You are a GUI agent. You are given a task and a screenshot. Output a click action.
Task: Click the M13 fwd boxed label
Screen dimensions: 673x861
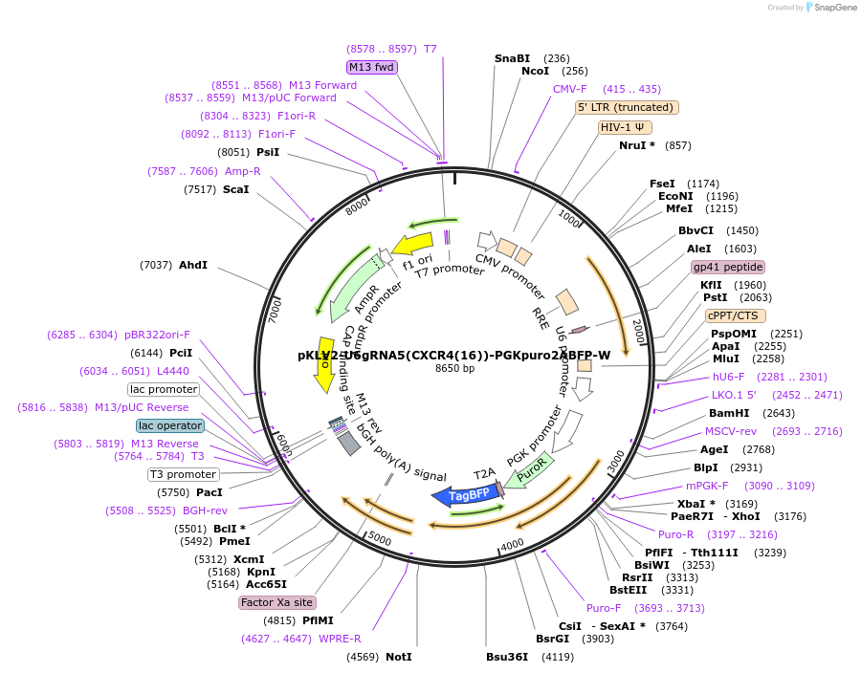coord(371,67)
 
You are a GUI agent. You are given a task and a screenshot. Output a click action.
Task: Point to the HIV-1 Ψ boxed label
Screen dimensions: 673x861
coord(625,127)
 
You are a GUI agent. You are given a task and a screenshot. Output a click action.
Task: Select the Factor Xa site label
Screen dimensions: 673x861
coord(276,602)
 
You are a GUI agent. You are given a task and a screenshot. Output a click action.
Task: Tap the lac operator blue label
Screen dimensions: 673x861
coord(170,425)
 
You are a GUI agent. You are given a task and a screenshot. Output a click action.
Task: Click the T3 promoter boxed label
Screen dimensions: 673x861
coord(183,474)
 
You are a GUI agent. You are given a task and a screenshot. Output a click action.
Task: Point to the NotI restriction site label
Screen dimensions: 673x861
coord(399,657)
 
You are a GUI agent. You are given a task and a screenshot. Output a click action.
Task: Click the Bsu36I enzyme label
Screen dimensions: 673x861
coord(507,657)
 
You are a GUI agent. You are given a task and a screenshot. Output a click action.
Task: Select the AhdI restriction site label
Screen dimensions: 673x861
coord(192,265)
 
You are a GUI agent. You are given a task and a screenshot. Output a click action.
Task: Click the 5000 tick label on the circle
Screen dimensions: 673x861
coord(380,540)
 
